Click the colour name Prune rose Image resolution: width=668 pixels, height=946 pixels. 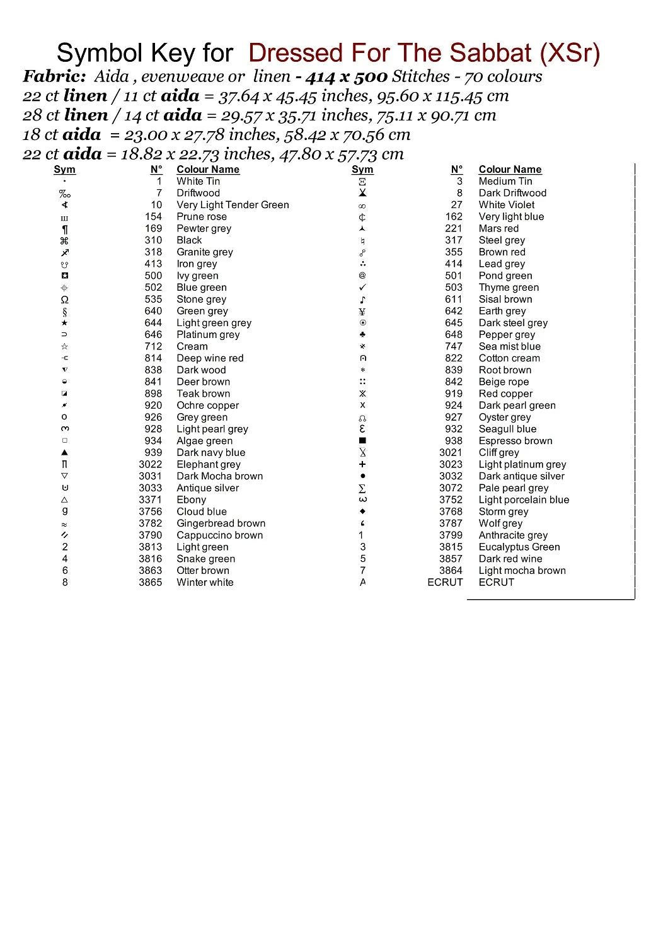(201, 216)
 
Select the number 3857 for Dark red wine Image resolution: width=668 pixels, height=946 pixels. (451, 559)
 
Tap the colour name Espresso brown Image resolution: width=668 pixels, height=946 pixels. (515, 441)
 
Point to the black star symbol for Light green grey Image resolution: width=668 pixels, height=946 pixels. (65, 323)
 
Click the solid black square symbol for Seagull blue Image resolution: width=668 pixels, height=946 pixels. (362, 441)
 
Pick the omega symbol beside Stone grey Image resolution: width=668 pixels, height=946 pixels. (65, 300)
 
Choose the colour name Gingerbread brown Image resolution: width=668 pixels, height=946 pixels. (221, 523)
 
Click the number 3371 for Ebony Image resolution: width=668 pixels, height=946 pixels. (150, 499)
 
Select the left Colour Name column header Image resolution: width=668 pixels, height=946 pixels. (208, 169)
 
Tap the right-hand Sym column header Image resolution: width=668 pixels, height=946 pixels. (362, 169)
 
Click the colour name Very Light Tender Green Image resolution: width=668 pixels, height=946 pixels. (233, 205)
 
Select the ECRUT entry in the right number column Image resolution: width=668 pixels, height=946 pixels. (445, 582)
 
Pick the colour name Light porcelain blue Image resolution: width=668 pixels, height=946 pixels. (524, 499)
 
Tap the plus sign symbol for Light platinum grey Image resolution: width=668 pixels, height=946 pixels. (362, 464)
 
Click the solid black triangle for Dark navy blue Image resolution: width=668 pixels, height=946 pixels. (65, 452)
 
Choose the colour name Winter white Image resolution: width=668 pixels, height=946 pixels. (205, 582)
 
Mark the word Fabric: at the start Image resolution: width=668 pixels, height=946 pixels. (54, 76)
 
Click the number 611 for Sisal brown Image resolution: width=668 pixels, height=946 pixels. (454, 299)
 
